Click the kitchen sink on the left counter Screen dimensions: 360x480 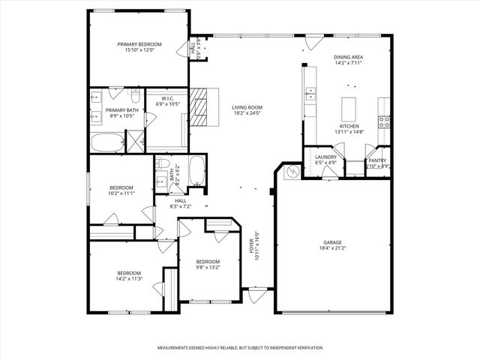[x=310, y=94]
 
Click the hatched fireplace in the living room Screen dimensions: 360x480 [x=199, y=110]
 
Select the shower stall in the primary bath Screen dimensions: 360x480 [x=135, y=142]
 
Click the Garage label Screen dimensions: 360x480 [x=332, y=242]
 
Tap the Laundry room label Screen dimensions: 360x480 [x=325, y=157]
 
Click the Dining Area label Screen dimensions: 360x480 [x=349, y=57]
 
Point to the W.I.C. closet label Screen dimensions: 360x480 [x=169, y=99]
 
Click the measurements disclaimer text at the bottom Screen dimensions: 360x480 [x=239, y=348]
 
